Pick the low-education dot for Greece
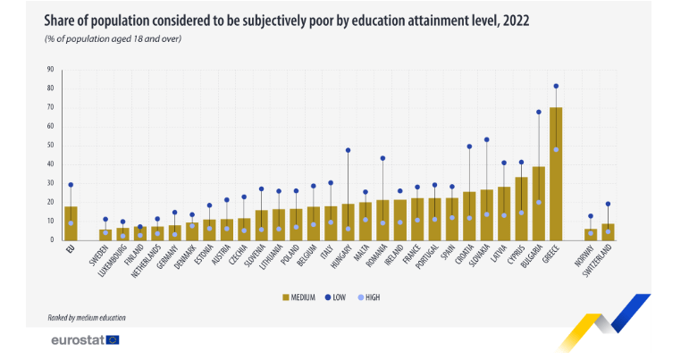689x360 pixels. [556, 87]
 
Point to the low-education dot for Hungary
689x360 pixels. [348, 150]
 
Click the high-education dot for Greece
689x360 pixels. [556, 149]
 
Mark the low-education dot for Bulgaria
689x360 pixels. [539, 113]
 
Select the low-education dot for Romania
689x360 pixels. [382, 158]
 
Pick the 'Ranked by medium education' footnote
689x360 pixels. [87, 318]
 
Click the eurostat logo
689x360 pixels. [85, 339]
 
